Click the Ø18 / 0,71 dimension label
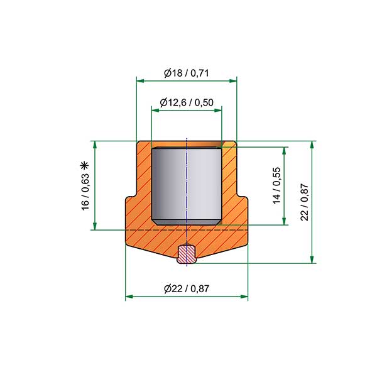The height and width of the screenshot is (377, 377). [x=187, y=73]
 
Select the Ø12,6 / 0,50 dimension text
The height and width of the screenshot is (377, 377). [x=187, y=102]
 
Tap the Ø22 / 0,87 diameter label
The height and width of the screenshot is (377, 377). [x=187, y=288]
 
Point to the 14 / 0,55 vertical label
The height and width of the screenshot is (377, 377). [x=276, y=185]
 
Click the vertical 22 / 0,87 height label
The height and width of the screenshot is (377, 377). [x=304, y=202]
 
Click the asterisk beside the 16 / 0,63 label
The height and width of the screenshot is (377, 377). [x=85, y=166]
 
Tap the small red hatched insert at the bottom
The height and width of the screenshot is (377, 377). [x=187, y=254]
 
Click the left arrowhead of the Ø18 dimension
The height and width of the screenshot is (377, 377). [x=140, y=81]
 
